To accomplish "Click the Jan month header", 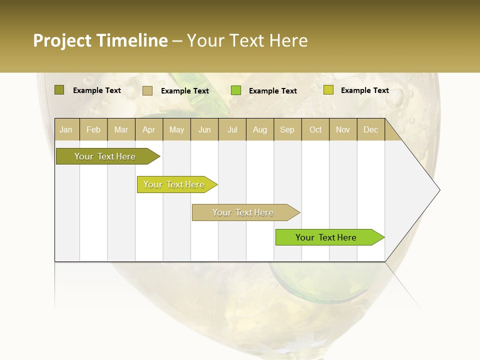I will pyautogui.click(x=66, y=130).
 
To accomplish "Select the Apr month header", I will pyautogui.click(x=149, y=130).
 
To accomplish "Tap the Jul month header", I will pyautogui.click(x=232, y=130).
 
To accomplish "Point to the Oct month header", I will pyautogui.click(x=315, y=130).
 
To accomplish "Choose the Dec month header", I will pyautogui.click(x=371, y=130).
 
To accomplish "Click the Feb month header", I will pyautogui.click(x=93, y=130).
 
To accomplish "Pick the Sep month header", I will pyautogui.click(x=287, y=130).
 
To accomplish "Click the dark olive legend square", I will pyautogui.click(x=59, y=90).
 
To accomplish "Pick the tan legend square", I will pyautogui.click(x=147, y=90).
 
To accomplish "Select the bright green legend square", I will pyautogui.click(x=236, y=90).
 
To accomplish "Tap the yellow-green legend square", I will pyautogui.click(x=328, y=90).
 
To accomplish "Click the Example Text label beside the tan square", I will pyautogui.click(x=185, y=91).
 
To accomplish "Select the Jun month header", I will pyautogui.click(x=204, y=130).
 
